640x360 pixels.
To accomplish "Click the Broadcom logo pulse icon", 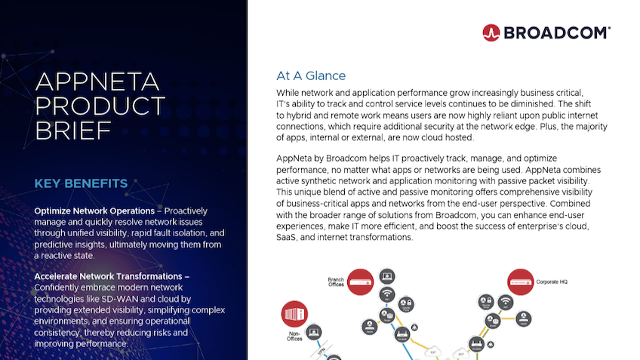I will pos(491,32).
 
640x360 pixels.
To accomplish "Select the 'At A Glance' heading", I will pos(311,75).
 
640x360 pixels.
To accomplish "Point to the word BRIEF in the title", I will pos(74,131).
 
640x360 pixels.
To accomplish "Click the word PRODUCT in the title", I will pos(100,106).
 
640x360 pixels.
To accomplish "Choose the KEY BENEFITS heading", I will pos(81,183).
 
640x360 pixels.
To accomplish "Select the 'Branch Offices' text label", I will pos(336,282).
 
